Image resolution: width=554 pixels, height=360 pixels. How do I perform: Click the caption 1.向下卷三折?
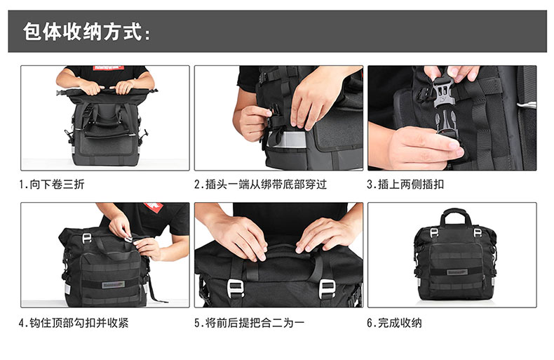pyautogui.click(x=52, y=185)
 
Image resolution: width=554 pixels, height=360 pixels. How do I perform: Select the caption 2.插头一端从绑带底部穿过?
pyautogui.click(x=260, y=185)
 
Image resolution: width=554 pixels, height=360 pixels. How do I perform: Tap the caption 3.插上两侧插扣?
pyautogui.click(x=405, y=185)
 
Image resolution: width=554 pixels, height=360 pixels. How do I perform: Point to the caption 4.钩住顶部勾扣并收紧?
pyautogui.click(x=74, y=323)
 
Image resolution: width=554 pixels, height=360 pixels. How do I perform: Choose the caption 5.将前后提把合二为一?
pyautogui.click(x=249, y=323)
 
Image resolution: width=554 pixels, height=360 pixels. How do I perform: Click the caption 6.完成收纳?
pyautogui.click(x=394, y=323)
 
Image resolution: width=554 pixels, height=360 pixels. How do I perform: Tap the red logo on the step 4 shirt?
pyautogui.click(x=154, y=207)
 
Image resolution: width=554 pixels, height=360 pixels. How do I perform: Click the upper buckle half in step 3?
pyautogui.click(x=443, y=93)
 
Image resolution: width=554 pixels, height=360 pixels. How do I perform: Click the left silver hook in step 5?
pyautogui.click(x=236, y=288)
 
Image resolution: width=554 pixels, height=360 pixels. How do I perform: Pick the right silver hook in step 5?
pyautogui.click(x=327, y=288)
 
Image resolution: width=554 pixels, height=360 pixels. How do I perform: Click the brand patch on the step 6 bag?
pyautogui.click(x=457, y=272)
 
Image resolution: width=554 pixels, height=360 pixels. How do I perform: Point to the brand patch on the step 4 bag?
pyautogui.click(x=114, y=284)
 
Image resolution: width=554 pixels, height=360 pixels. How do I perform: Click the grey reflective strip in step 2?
pyautogui.click(x=287, y=140)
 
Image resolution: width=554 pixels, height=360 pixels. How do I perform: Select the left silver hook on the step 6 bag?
pyautogui.click(x=434, y=232)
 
